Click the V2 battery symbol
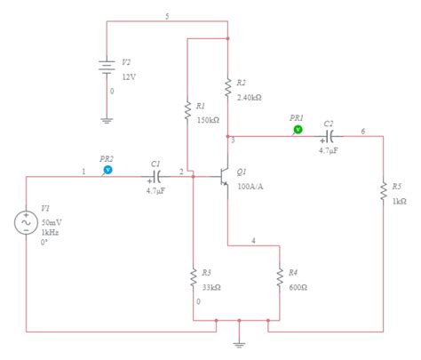point(107,68)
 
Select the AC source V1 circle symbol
point(27,222)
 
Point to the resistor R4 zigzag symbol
point(279,278)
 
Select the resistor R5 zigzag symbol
point(384,194)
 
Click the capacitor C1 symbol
point(155,173)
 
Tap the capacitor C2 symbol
point(329,136)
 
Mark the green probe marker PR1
point(298,129)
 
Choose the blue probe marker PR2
point(107,167)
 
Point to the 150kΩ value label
point(208,119)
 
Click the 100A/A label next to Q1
point(250,185)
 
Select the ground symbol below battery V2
point(107,118)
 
